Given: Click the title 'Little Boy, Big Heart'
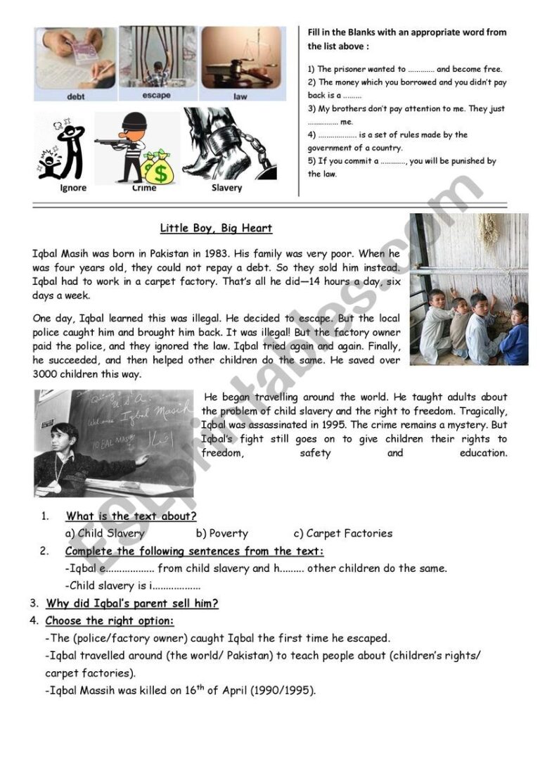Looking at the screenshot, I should [216, 229].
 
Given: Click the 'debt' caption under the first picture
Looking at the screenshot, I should [75, 97].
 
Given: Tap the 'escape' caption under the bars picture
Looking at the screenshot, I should [155, 96].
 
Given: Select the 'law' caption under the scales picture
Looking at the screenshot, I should [240, 97].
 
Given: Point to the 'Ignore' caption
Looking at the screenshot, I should [73, 188].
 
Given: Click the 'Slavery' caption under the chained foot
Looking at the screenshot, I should [226, 188].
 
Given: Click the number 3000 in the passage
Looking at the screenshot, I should [47, 374].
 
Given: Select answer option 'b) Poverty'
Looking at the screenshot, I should [222, 533].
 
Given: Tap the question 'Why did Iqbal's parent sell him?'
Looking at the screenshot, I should [132, 603].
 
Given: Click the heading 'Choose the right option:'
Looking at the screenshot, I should [110, 620].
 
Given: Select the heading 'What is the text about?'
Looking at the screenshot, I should [131, 516].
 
